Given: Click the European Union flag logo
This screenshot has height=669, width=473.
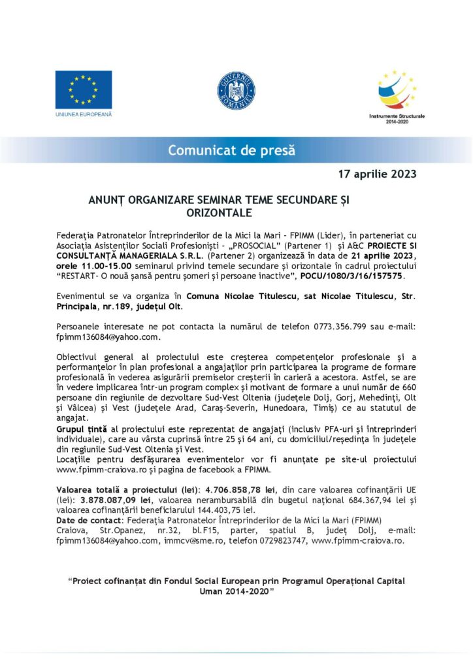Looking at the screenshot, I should coord(84,90).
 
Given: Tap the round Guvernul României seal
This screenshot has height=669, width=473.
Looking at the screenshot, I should coord(236,90).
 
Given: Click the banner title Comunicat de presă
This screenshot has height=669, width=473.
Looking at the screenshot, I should coord(231,150).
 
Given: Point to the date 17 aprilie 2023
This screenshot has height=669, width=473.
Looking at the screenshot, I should coord(377,174).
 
